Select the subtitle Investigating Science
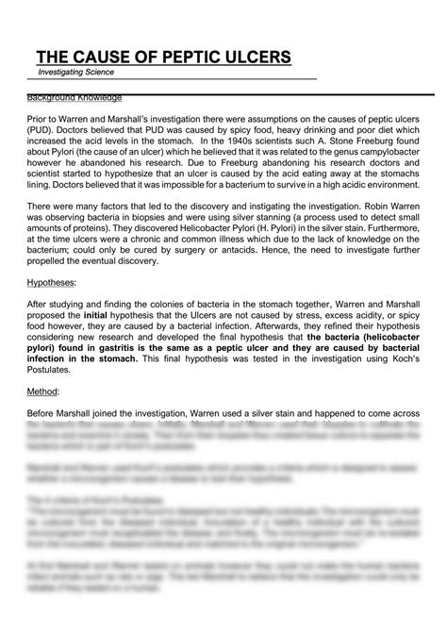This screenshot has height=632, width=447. click(76, 72)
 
